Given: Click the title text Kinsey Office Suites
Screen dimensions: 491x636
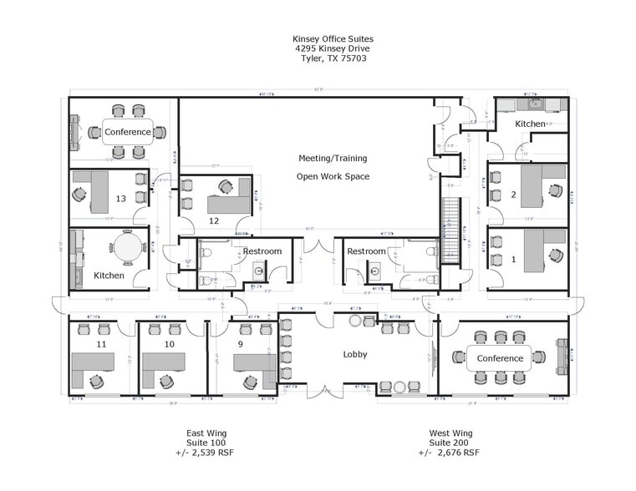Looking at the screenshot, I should tap(333, 38).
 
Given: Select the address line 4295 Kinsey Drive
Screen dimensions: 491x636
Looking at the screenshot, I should tap(333, 48).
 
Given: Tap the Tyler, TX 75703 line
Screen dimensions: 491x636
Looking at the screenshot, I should tap(333, 58).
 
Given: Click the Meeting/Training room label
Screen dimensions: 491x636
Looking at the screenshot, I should tap(333, 158).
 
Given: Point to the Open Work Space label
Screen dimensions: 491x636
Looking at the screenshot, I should tap(333, 176).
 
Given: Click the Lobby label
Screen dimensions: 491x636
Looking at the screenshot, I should tap(355, 355).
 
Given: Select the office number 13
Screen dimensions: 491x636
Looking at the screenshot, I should tap(121, 199).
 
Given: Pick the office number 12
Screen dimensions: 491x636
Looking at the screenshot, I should tap(214, 220).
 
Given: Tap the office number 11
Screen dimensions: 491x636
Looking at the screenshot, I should tap(101, 344).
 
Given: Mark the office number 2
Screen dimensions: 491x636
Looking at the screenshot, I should tap(513, 195).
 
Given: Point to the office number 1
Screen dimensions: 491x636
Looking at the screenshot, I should tap(513, 259).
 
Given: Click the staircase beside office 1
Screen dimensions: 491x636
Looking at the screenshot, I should tap(450, 230).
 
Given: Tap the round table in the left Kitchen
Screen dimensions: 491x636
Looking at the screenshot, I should tap(128, 247).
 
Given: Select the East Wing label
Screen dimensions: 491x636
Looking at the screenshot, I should tap(206, 433).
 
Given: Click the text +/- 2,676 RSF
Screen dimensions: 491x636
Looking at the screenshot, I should tap(449, 453).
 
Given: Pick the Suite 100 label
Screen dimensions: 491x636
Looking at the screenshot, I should tap(206, 443).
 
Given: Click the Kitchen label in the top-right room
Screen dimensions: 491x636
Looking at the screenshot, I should tap(530, 124).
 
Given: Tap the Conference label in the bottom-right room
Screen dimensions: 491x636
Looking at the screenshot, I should tap(500, 358).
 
